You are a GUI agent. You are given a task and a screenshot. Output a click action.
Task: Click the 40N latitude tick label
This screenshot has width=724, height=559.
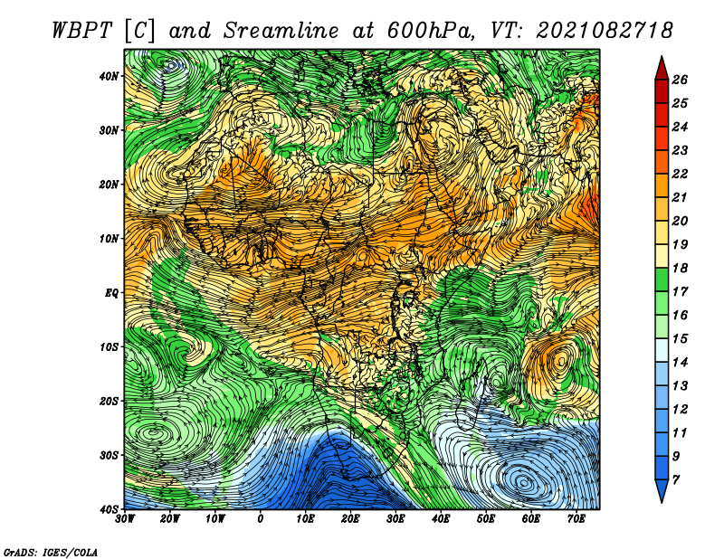click(109, 76)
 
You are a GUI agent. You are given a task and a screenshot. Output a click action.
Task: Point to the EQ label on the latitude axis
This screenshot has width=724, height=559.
click(112, 293)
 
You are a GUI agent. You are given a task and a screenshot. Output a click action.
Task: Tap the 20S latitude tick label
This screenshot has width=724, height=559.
click(109, 401)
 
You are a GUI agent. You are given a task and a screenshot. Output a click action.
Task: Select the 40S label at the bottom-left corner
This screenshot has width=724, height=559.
click(109, 509)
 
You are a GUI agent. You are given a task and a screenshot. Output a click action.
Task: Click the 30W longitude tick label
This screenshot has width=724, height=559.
click(125, 519)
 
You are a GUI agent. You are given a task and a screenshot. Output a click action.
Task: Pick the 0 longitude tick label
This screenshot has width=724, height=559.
click(261, 519)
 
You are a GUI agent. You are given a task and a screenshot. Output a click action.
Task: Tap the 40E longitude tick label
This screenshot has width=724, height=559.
click(441, 519)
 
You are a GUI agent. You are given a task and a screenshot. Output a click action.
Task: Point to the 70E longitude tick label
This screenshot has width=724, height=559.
click(576, 519)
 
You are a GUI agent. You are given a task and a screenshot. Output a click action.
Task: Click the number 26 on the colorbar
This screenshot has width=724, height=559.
click(680, 80)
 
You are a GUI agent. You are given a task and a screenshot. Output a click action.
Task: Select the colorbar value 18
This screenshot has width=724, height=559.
click(680, 268)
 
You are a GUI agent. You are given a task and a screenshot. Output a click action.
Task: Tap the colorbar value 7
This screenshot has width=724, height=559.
click(676, 480)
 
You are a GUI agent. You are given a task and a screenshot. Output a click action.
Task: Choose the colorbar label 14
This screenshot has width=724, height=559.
click(680, 363)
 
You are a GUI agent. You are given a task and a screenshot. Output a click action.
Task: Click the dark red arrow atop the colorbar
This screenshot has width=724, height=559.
click(662, 68)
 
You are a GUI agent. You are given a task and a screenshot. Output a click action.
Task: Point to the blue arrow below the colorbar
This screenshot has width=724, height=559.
click(662, 491)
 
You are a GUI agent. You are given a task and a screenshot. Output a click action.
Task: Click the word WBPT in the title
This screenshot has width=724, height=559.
click(82, 31)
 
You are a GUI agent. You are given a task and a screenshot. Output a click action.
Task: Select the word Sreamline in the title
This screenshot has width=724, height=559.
click(281, 31)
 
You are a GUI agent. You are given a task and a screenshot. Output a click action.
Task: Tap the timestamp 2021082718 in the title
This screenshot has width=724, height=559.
click(605, 31)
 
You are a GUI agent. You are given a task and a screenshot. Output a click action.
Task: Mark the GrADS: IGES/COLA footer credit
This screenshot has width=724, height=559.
click(51, 552)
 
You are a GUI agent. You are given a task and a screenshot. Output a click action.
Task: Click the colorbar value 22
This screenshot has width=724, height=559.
click(680, 174)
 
